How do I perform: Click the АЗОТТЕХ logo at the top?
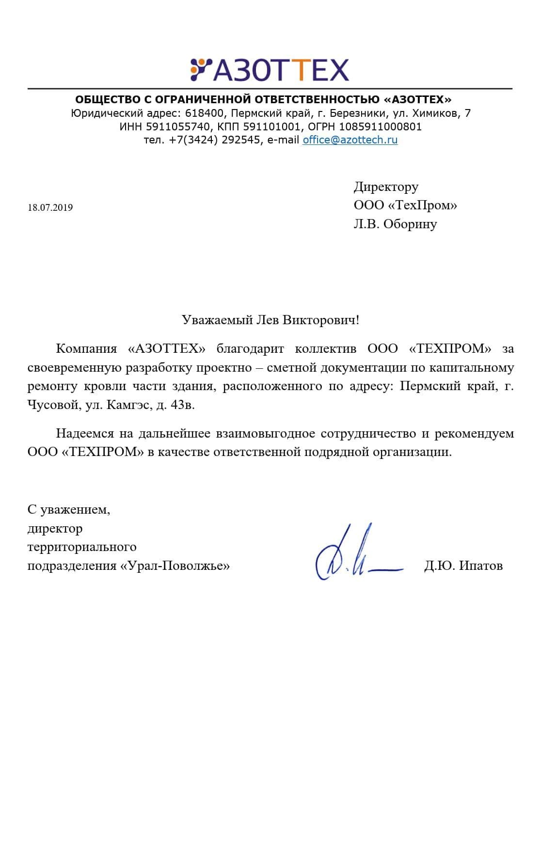(x=270, y=70)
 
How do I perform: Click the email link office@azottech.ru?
(x=350, y=140)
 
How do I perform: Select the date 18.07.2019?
(x=50, y=208)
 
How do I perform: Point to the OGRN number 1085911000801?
(x=380, y=127)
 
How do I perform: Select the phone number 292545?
(x=241, y=140)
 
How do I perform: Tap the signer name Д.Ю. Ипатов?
(x=463, y=566)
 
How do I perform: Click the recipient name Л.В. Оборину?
(x=395, y=224)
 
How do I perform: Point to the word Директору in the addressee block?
(x=386, y=187)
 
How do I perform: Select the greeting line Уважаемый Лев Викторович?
(x=270, y=320)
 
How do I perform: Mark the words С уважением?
(x=69, y=509)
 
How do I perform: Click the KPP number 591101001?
(x=271, y=127)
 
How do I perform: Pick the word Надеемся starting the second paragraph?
(x=85, y=433)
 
